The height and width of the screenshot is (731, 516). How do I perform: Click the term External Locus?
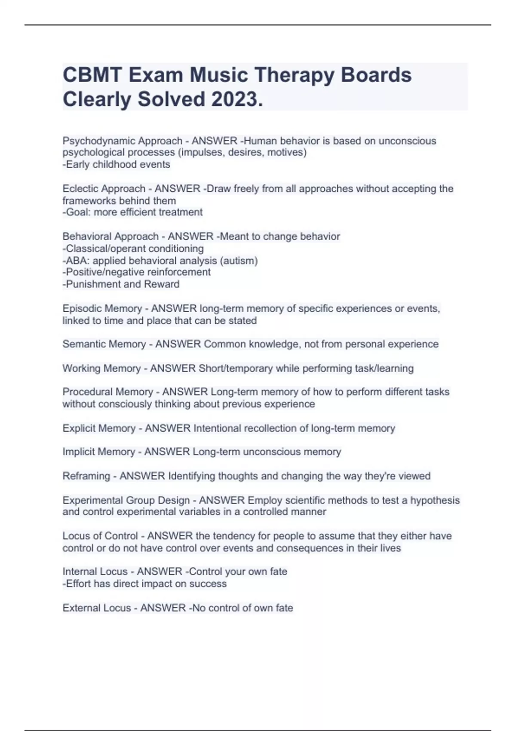tap(97, 608)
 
